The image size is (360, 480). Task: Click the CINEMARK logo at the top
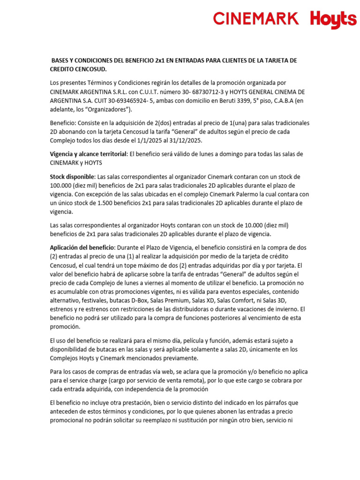[x=256, y=19]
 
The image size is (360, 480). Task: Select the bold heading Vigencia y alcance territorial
[x=89, y=154]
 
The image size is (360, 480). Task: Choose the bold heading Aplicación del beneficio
[x=82, y=247]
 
